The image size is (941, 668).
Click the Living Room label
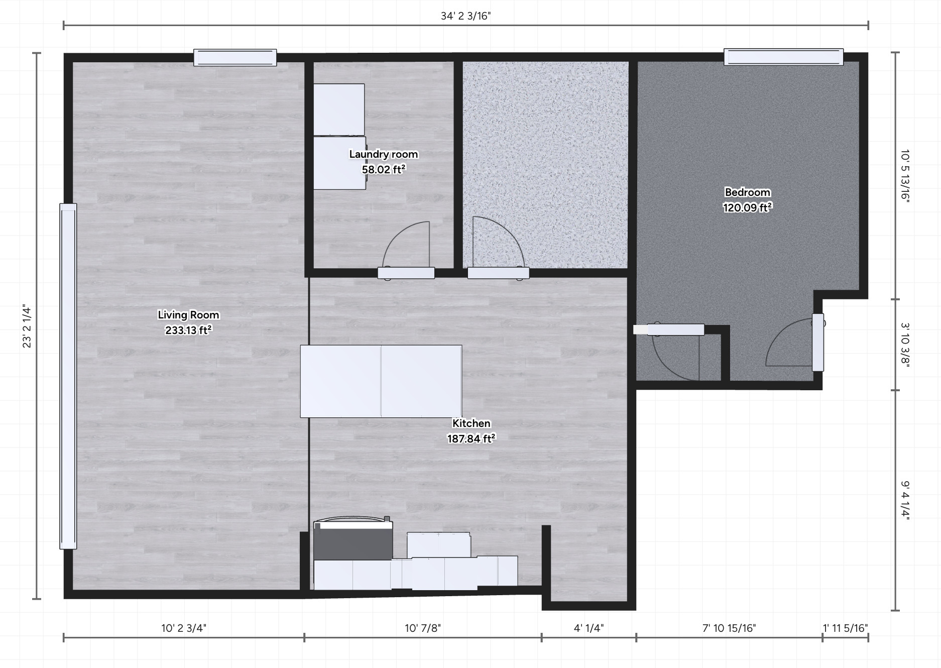click(x=188, y=315)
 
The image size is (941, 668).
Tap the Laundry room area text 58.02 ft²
click(x=384, y=169)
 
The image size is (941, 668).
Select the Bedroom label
click(x=747, y=192)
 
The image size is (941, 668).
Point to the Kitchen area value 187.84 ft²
click(x=471, y=438)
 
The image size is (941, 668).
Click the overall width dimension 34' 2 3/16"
click(x=465, y=16)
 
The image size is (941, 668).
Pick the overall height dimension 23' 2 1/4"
click(x=27, y=327)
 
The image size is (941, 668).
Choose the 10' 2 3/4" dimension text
click(x=184, y=628)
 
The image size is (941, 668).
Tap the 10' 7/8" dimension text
click(x=423, y=628)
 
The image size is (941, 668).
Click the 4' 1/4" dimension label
click(x=589, y=628)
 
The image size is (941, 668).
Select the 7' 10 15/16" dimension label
click(x=729, y=628)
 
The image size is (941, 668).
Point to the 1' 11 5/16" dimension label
click(x=845, y=628)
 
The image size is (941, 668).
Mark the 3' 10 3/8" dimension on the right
click(x=905, y=345)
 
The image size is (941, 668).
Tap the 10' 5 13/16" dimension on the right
click(x=905, y=175)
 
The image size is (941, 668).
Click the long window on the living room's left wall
click(x=68, y=376)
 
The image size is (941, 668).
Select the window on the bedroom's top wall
click(x=783, y=57)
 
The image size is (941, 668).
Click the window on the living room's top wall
click(x=235, y=57)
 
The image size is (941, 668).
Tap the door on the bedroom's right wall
click(x=818, y=342)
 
